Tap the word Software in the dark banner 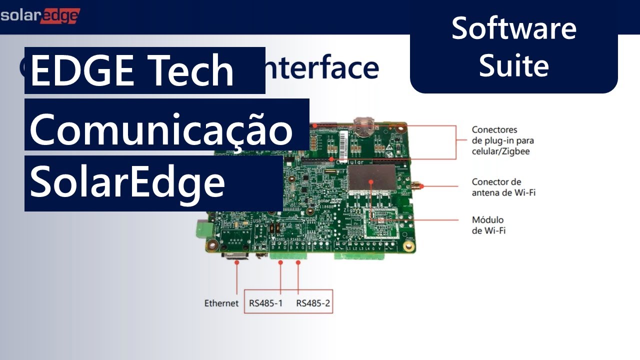click(513, 28)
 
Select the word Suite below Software click(513, 65)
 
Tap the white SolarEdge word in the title click(127, 182)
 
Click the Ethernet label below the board click(221, 303)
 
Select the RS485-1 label click(265, 303)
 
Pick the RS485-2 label click(313, 303)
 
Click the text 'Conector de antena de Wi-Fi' click(503, 187)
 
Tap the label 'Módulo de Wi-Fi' click(488, 225)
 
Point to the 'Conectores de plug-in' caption click(502, 140)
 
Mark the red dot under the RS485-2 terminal click(298, 262)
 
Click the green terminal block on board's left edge click(203, 228)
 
